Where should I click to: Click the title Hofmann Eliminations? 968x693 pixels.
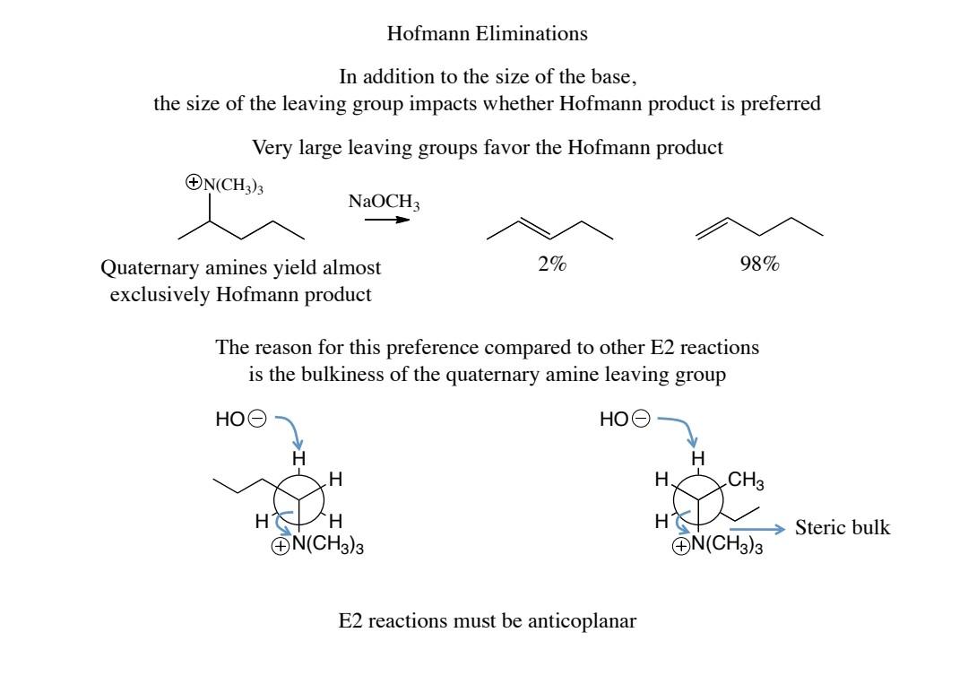point(487,34)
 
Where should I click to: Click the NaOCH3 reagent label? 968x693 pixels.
point(384,203)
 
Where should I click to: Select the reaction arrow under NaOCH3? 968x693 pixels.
point(386,219)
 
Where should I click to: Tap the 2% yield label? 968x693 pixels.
point(552,265)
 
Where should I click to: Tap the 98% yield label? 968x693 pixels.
point(759,265)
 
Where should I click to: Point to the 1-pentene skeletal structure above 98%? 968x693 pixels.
point(759,228)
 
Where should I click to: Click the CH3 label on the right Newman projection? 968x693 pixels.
point(747,481)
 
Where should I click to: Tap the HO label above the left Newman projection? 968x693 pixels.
point(229,419)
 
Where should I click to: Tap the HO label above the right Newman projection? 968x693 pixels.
point(614,419)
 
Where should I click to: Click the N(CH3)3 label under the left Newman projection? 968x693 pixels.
point(326,546)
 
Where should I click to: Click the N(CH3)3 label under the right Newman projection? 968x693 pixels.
point(727,546)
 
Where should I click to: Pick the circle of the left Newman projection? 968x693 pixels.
point(298,493)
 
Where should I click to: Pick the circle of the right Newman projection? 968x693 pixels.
point(698,493)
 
